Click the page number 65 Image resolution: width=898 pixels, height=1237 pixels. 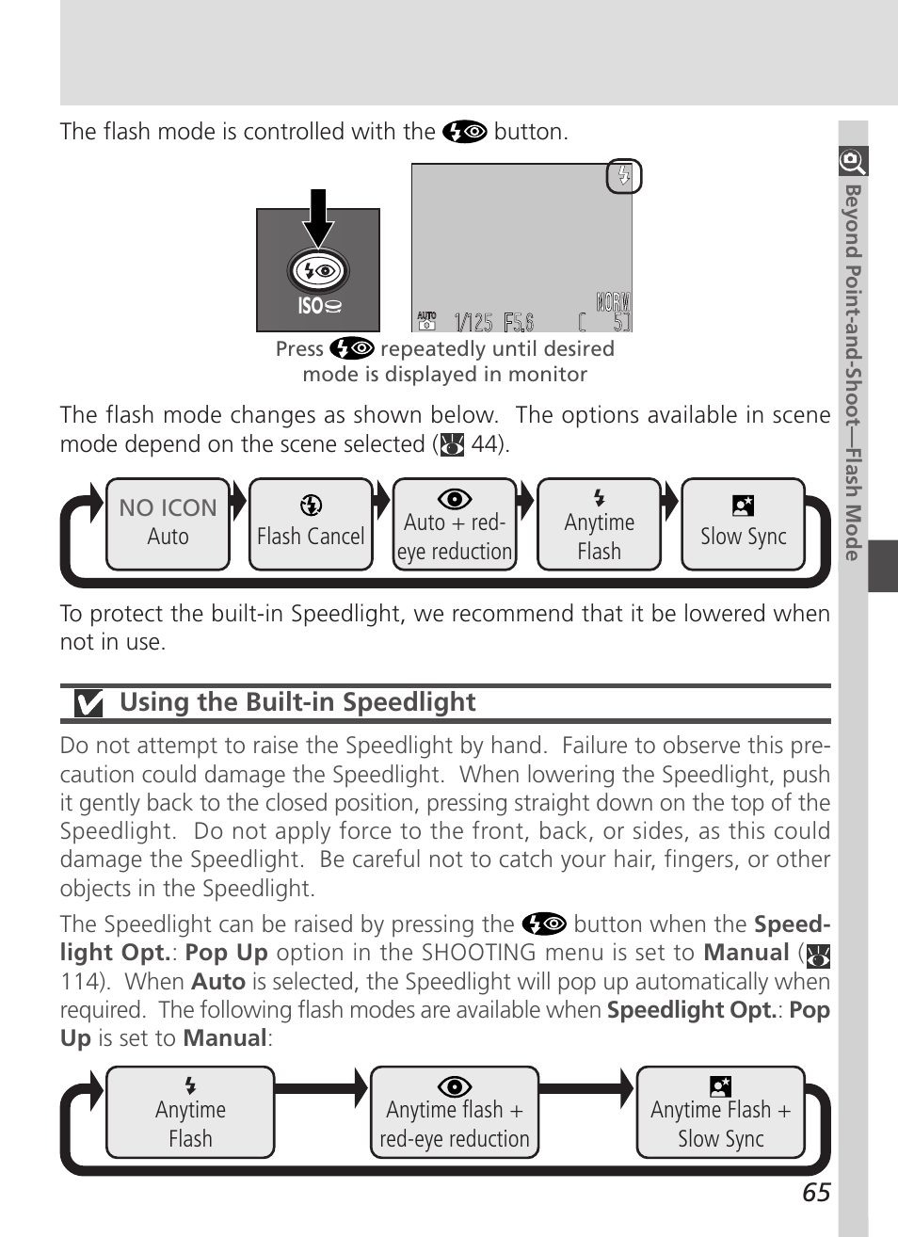(816, 1193)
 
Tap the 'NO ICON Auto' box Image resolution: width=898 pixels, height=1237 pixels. (168, 523)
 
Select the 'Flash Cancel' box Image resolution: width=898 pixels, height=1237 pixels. (311, 523)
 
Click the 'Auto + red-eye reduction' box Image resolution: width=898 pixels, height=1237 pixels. (455, 524)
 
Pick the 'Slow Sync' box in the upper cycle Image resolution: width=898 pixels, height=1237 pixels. (743, 524)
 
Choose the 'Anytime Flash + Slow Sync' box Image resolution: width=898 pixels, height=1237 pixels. (721, 1113)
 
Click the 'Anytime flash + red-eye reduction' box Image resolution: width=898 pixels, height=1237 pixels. (455, 1113)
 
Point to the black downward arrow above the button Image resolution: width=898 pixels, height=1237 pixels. (319, 217)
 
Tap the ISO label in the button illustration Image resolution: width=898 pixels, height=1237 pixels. (319, 306)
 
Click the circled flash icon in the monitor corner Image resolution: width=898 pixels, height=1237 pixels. (623, 176)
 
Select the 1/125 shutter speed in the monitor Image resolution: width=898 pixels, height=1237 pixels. (473, 323)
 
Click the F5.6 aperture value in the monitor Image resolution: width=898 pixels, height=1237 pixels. (519, 323)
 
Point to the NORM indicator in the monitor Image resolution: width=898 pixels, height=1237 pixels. (613, 302)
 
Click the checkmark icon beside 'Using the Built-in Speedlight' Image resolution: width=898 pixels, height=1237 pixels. (88, 703)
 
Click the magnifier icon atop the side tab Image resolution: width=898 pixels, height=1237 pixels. (853, 161)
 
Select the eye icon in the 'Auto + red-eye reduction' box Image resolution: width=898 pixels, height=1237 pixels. (455, 499)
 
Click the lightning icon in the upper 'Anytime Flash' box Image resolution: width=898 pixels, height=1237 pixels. (599, 498)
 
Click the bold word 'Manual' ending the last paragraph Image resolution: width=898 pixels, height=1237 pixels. (225, 1038)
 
